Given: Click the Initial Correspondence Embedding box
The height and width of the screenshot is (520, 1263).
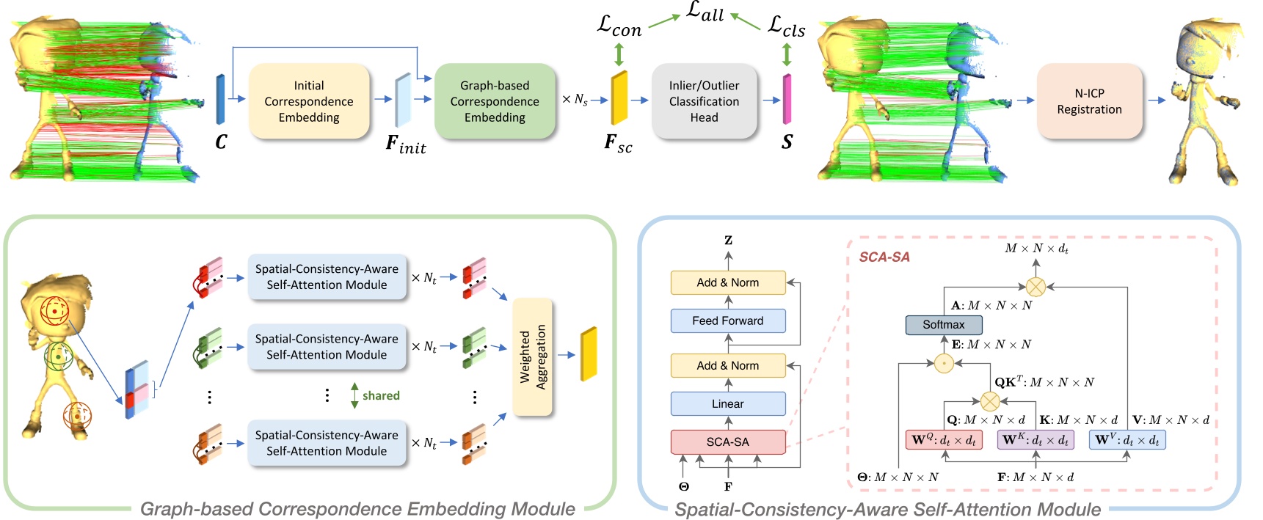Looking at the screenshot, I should [308, 101].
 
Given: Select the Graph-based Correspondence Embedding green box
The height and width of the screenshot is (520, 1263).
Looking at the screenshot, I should [494, 101].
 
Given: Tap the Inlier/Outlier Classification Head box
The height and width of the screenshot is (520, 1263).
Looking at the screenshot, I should [703, 101].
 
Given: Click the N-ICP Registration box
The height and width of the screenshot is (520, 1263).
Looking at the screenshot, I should [1088, 101].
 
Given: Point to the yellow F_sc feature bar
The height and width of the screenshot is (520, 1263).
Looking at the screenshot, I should [619, 98].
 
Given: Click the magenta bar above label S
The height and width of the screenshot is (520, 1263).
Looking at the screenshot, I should [787, 98].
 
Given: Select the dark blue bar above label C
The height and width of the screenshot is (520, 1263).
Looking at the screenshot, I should [220, 99].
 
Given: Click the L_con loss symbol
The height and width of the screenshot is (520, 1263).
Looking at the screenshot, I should [619, 26].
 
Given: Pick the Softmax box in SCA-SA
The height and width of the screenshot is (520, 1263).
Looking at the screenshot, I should [943, 324].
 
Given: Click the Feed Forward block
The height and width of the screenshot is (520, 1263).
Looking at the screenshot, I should [727, 321].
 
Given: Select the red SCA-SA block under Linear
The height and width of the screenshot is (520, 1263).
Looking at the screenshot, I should [727, 442].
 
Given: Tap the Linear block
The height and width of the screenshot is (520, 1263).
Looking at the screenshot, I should [727, 403].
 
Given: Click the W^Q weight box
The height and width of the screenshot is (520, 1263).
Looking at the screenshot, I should [943, 440].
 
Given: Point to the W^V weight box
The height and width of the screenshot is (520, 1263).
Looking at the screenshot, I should [1126, 440].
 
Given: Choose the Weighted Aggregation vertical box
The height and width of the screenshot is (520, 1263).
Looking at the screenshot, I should [532, 357].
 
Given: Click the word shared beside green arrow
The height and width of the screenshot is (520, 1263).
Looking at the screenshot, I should [381, 395].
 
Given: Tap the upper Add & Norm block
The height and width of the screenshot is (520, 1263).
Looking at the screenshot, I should [727, 282].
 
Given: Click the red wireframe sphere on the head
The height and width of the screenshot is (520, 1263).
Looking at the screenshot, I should [55, 312].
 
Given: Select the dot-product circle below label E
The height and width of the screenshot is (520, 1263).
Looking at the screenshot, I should [944, 363].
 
